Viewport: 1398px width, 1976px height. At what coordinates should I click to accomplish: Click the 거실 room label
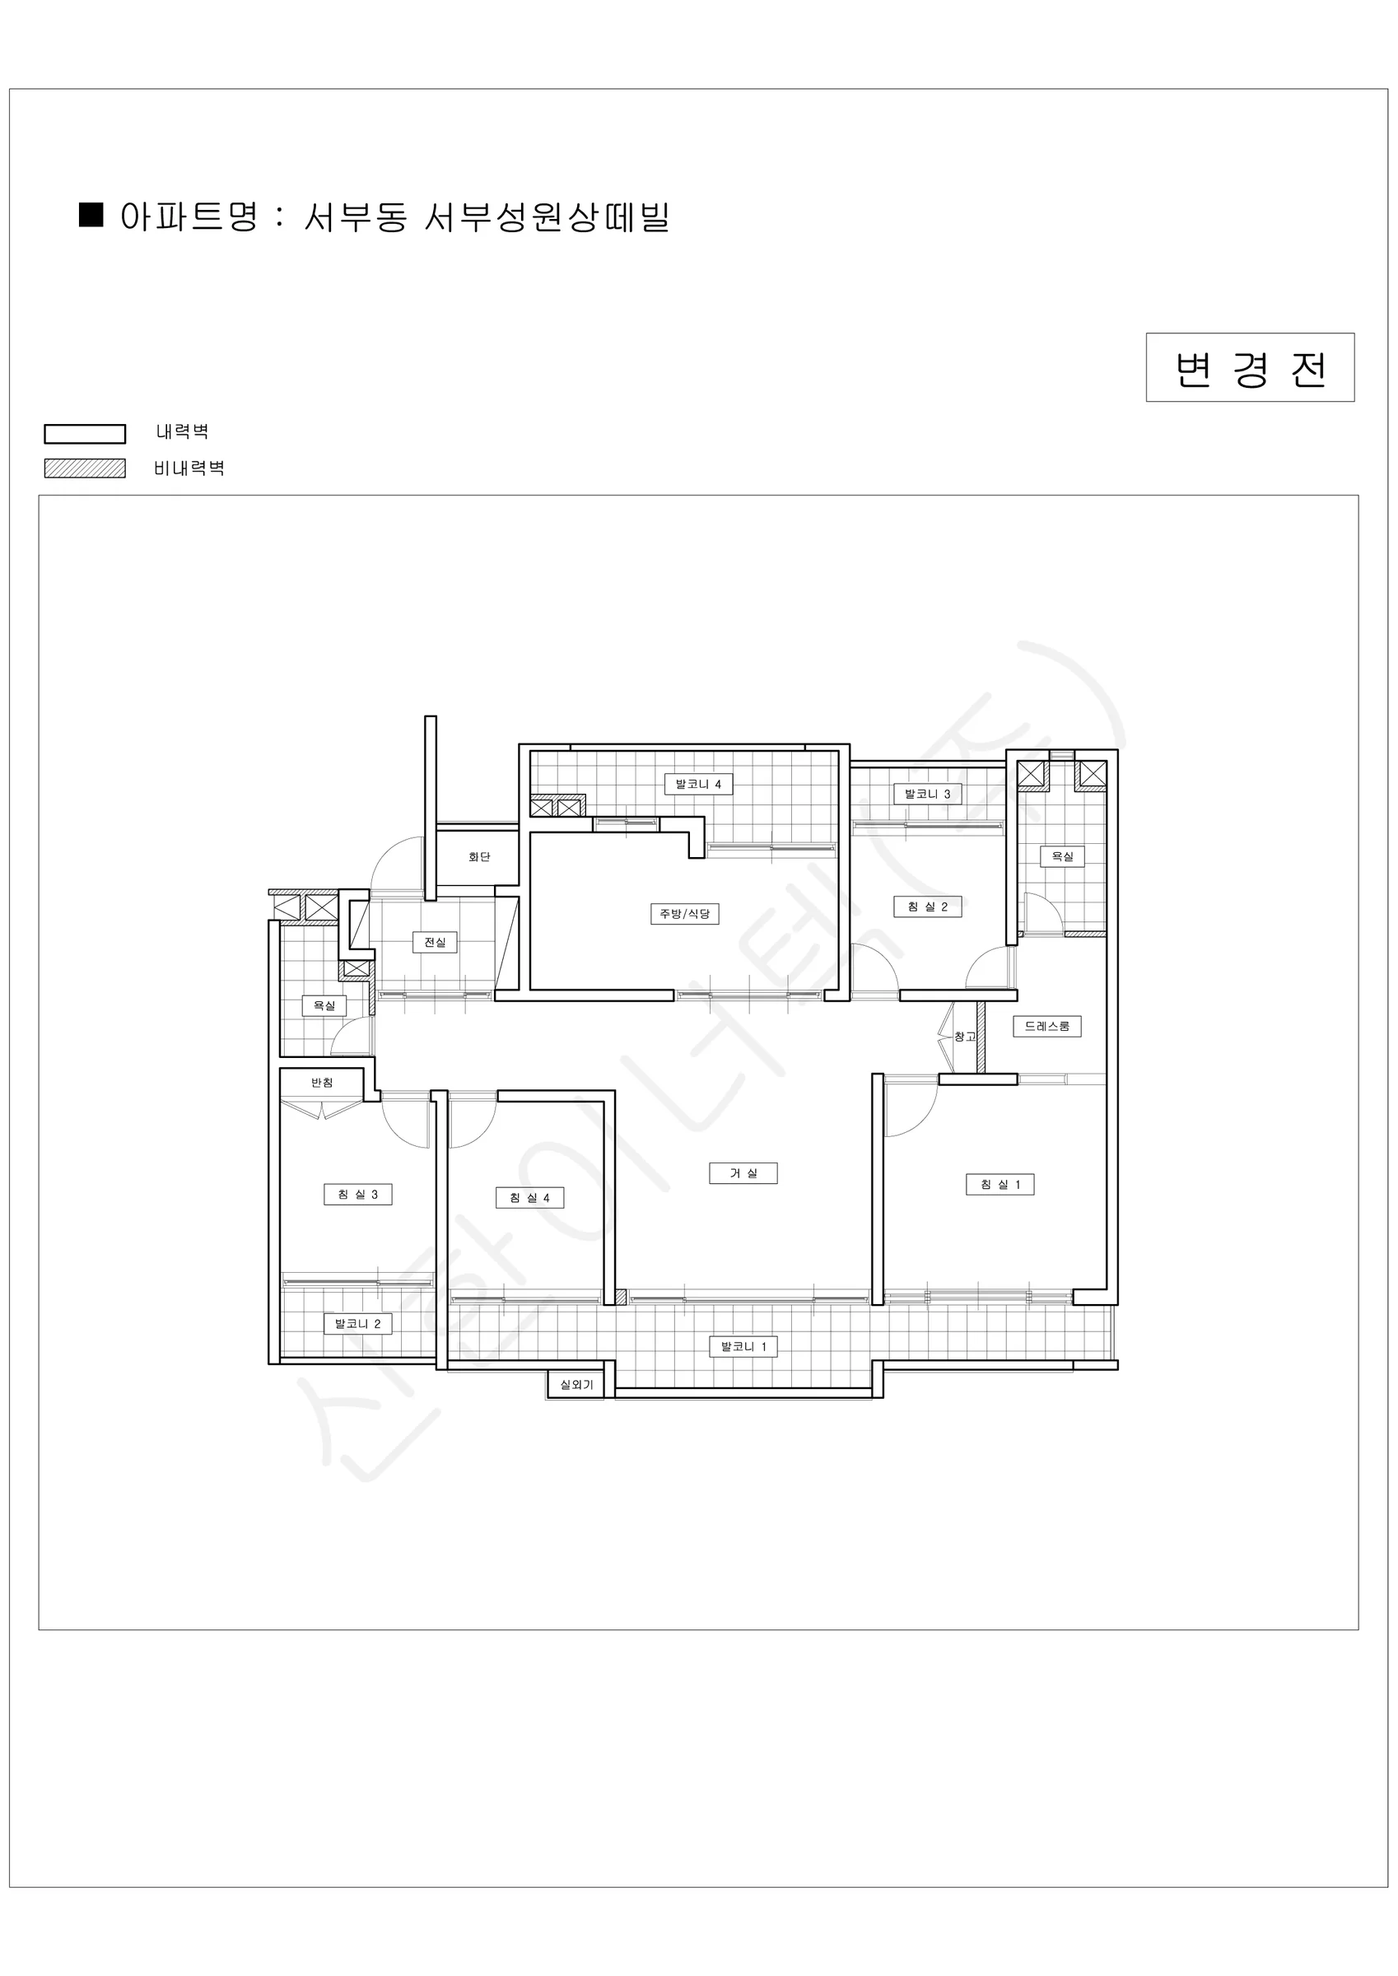[743, 1173]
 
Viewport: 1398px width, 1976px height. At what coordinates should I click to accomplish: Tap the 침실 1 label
[1000, 1184]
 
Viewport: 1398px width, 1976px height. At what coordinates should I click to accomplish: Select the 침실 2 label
[927, 906]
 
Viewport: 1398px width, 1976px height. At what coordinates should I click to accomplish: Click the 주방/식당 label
[684, 913]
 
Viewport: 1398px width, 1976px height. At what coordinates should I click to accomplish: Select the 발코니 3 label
[927, 794]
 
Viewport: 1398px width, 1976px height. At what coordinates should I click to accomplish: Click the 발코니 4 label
[698, 784]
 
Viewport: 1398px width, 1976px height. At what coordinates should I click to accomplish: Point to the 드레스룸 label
[1046, 1026]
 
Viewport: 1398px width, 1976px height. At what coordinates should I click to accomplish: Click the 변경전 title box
[1250, 367]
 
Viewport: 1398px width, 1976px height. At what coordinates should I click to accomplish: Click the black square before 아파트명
[91, 214]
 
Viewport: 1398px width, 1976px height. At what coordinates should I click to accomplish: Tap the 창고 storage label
[965, 1037]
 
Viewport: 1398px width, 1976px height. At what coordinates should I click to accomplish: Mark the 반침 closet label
[322, 1082]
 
